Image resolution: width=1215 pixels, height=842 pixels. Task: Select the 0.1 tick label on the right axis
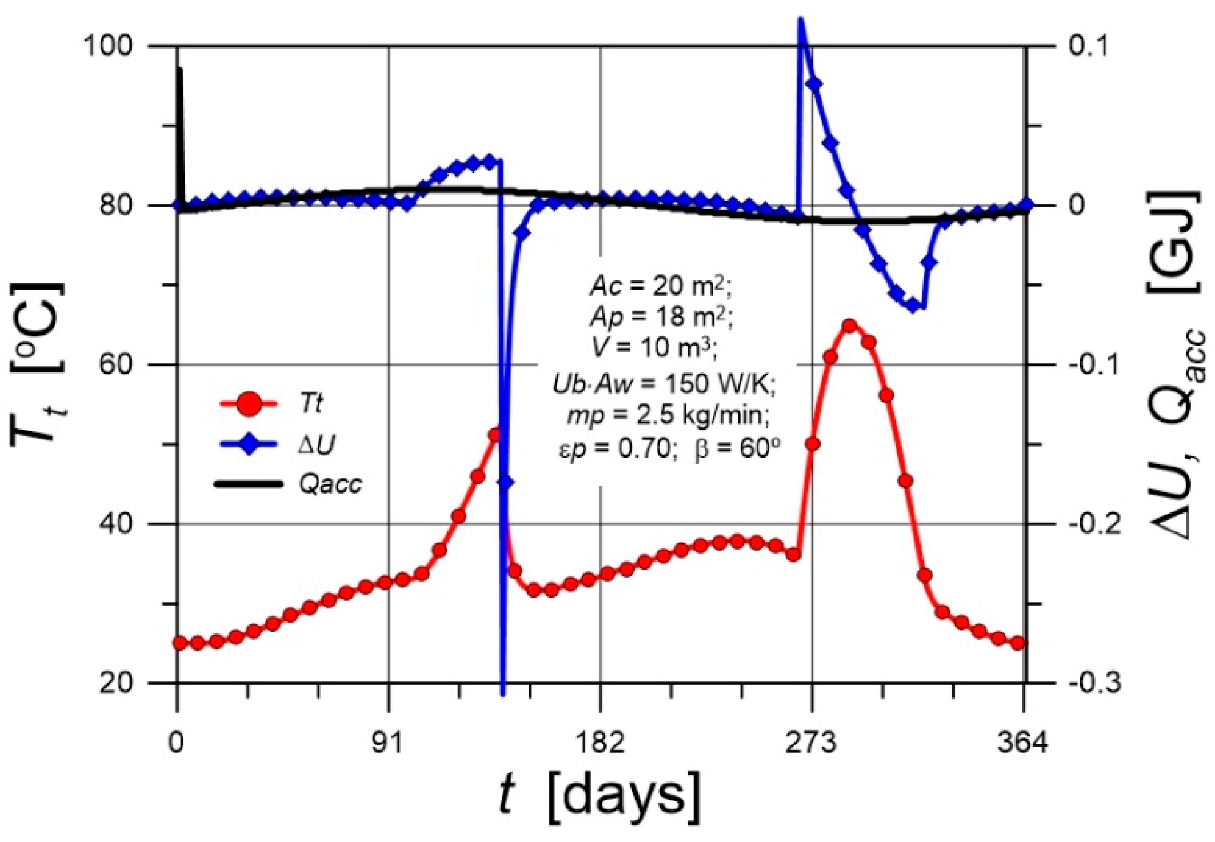pos(1088,46)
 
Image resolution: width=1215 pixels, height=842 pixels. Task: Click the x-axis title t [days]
pos(600,797)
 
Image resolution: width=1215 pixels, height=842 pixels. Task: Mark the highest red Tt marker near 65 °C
pos(850,326)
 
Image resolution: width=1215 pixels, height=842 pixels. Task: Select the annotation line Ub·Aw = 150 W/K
pos(663,384)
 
